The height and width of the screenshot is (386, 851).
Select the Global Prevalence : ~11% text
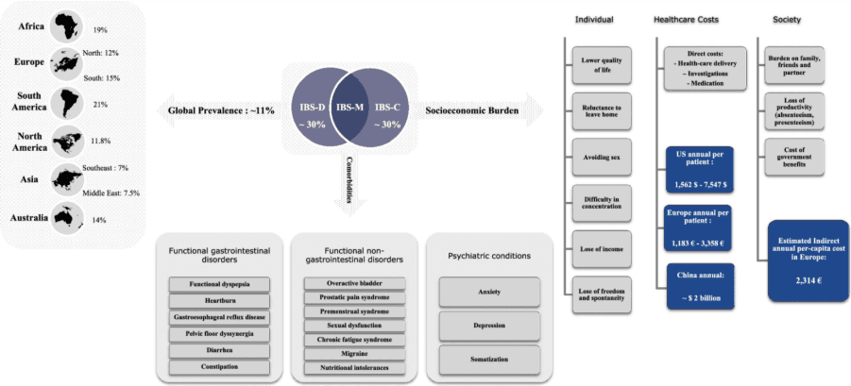point(221,110)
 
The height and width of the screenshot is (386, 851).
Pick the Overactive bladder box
point(347,283)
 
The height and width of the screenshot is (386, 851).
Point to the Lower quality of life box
point(595,64)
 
